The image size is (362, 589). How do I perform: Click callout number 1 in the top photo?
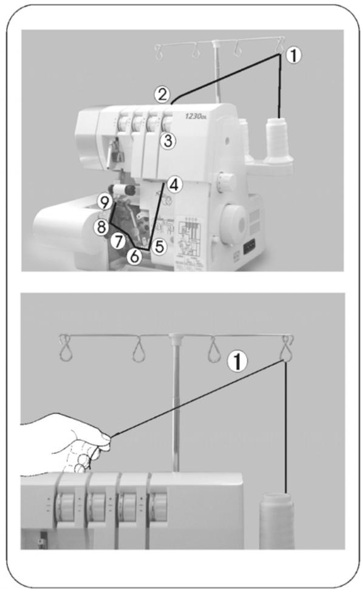(293, 56)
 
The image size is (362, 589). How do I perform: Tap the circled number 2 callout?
(161, 94)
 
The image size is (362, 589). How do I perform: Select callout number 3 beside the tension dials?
(168, 140)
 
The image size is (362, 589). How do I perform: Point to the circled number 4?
(174, 185)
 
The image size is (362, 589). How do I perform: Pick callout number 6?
(135, 256)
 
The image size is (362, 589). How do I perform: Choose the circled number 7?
(119, 241)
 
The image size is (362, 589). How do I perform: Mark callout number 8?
(101, 226)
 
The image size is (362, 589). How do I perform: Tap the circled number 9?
(104, 200)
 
